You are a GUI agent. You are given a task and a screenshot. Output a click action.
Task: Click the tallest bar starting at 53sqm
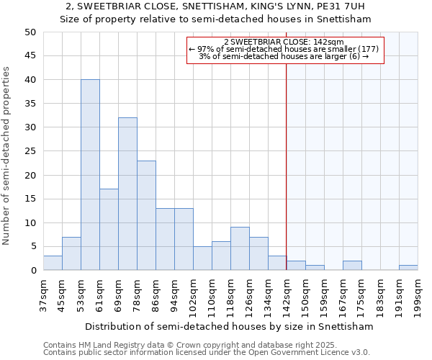point(90,175)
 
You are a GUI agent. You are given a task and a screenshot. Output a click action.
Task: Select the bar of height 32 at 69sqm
point(127,194)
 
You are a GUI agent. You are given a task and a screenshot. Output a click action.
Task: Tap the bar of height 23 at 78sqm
point(146,215)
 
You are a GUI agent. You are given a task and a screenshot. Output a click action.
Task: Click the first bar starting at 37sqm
point(53,263)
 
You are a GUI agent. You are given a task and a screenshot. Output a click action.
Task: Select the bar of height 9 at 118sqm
point(240,248)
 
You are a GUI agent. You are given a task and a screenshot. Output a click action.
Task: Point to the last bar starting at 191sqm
point(408,268)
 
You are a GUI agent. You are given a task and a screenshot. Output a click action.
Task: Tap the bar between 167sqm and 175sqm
point(352,266)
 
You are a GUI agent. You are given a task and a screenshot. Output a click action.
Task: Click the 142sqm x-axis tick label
point(287,294)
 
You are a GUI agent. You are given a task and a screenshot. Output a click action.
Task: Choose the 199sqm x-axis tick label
point(418,294)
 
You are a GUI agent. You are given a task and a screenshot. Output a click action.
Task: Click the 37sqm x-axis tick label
point(43,294)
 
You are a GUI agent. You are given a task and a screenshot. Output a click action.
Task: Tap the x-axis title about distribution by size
point(229,326)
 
